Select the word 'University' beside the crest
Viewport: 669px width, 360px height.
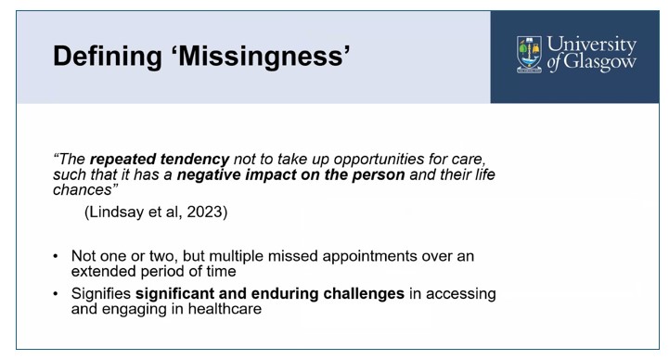point(593,44)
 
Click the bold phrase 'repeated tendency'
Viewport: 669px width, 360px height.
point(150,159)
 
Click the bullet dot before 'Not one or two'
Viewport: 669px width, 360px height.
point(58,255)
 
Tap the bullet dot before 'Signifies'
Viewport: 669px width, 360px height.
point(58,294)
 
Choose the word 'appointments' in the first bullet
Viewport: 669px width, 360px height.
point(368,255)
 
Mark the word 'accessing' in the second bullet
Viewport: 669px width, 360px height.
point(466,294)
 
